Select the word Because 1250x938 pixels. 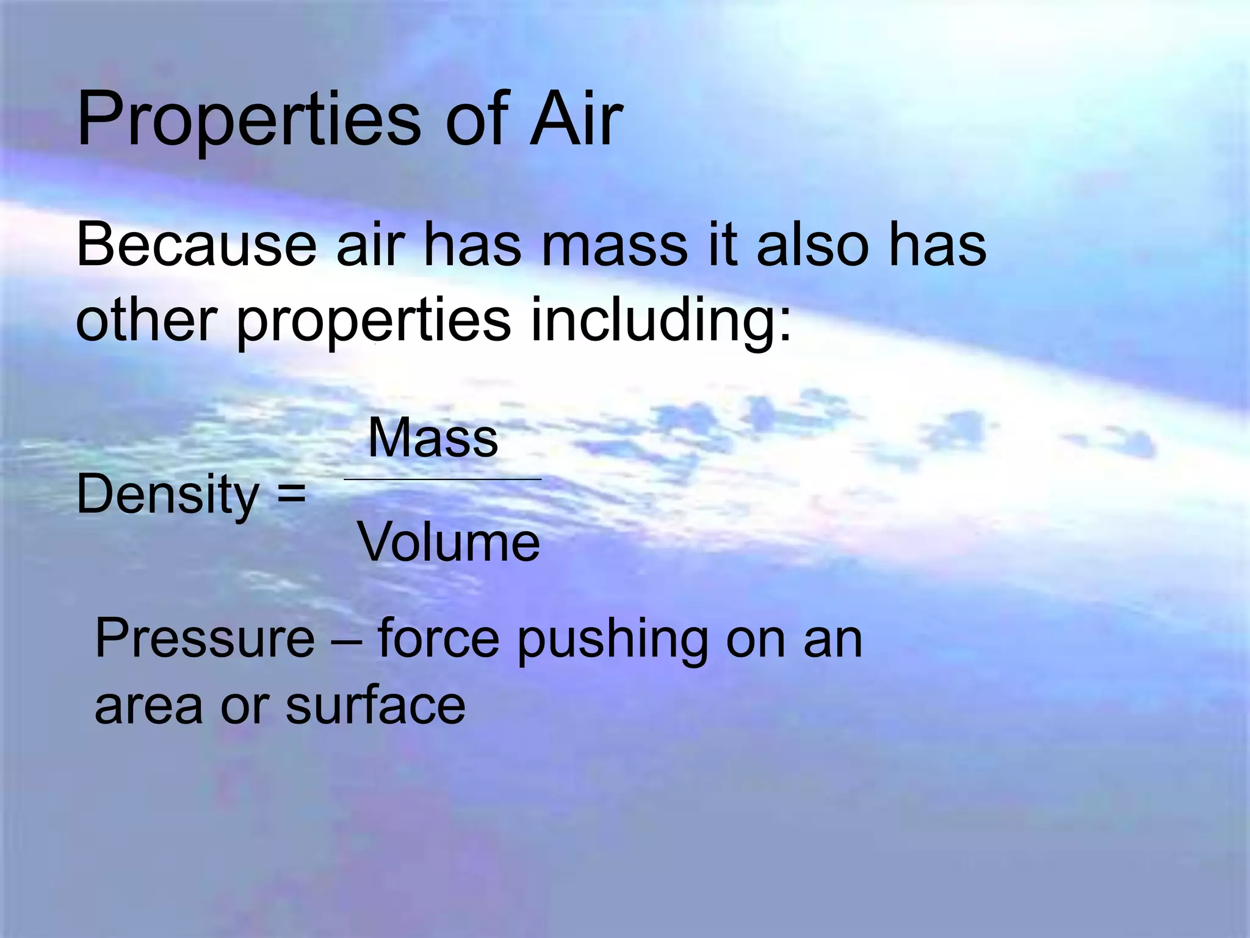pos(196,245)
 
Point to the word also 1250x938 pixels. pos(812,245)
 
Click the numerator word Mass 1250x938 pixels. pos(433,438)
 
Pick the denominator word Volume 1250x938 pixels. pos(449,542)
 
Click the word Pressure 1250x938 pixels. pos(205,639)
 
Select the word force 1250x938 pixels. pos(438,639)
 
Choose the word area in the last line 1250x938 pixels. pos(148,707)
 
